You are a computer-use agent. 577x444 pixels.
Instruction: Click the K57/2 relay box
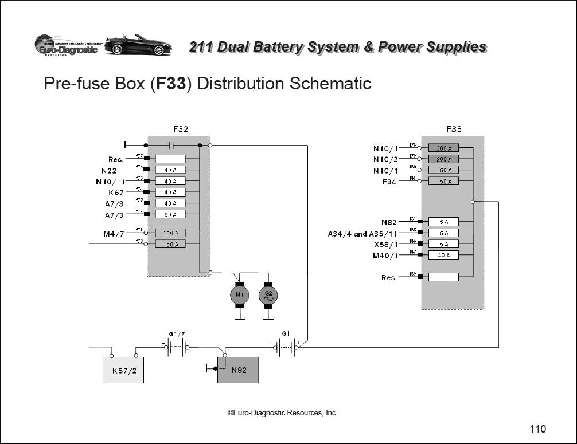point(123,370)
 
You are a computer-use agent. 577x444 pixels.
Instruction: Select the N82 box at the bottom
point(238,370)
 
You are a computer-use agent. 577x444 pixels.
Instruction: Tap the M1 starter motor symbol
point(240,295)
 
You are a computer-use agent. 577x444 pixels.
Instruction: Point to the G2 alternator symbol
point(268,295)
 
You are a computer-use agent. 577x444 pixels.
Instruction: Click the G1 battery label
point(286,333)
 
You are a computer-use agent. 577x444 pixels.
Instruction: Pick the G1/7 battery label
point(177,333)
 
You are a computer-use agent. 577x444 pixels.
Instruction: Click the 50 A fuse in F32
point(170,214)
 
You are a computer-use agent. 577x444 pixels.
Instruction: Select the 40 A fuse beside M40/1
point(443,255)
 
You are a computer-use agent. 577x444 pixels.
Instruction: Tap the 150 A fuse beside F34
point(443,181)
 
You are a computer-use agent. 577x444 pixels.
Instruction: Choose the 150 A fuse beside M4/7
point(170,233)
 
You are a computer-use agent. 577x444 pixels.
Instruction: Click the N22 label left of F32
point(112,170)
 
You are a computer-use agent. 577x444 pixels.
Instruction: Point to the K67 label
point(116,192)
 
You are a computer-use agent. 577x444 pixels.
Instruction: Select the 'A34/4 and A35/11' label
point(362,234)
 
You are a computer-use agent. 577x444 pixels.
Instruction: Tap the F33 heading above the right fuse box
point(454,129)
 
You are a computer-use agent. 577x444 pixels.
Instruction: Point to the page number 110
point(537,429)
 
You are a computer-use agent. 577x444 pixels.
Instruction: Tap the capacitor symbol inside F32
point(171,145)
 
